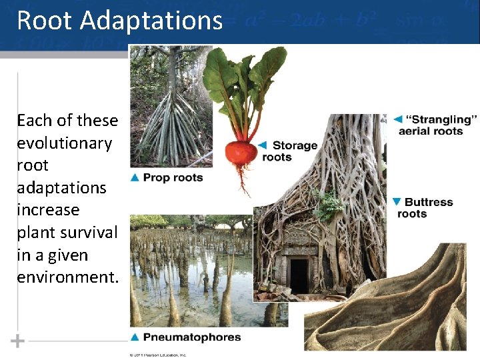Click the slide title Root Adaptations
click(x=119, y=20)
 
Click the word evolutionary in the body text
click(x=64, y=143)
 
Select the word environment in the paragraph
click(x=67, y=277)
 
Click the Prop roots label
click(x=173, y=177)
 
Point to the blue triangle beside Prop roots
click(x=135, y=177)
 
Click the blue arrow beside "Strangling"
click(x=397, y=119)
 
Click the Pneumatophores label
click(x=192, y=337)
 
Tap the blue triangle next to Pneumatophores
click(x=135, y=337)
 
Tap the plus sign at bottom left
click(x=18, y=341)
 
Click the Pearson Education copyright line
click(x=158, y=355)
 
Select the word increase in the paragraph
click(x=48, y=210)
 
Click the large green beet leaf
click(x=223, y=77)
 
